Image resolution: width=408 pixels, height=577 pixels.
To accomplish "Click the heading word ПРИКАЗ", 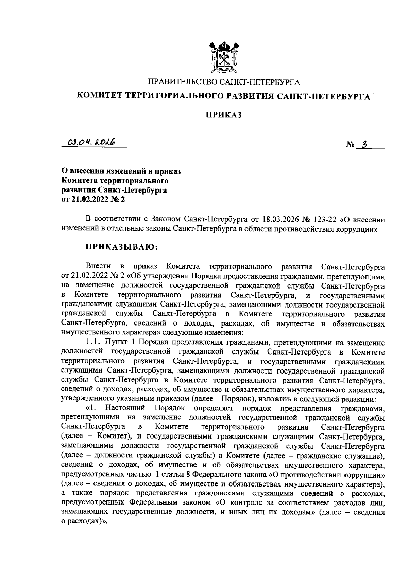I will (x=223, y=115).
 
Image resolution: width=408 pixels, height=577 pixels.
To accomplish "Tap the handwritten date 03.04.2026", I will (x=91, y=141).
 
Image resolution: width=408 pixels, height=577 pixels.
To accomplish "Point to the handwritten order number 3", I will (x=364, y=144).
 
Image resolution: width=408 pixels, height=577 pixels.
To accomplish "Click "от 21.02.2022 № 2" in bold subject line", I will (x=93, y=200).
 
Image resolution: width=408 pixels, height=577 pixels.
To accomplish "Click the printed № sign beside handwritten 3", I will (x=350, y=145).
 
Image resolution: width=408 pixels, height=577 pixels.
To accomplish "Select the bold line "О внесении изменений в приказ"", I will (x=121, y=171).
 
